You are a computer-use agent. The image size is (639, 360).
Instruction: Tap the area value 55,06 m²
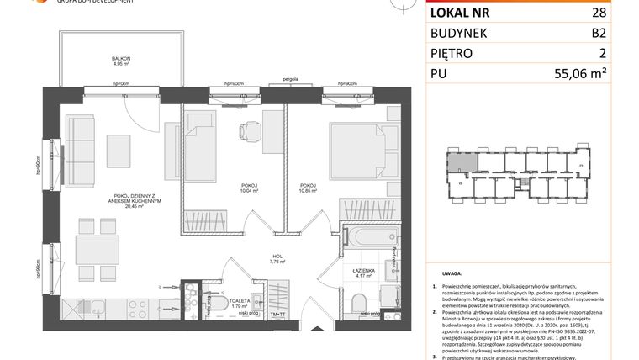coord(600,73)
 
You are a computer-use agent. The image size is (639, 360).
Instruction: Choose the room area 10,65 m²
coord(307,190)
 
